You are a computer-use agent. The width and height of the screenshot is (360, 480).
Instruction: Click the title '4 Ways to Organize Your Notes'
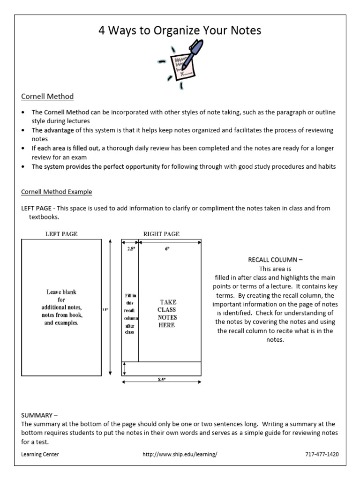click(180, 31)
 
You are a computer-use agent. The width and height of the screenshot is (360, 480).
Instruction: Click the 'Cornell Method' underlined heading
click(47, 97)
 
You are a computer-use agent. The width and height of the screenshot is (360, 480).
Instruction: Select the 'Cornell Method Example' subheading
click(57, 192)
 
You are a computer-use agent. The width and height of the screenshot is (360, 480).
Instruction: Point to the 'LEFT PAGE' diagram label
click(61, 233)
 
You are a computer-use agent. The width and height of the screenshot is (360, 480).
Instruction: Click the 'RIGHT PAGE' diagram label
click(161, 233)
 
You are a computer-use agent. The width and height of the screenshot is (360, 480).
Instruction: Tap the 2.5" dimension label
click(130, 249)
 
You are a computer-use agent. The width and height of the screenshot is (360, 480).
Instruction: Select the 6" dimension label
click(166, 249)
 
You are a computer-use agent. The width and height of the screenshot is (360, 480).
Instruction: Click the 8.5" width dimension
click(162, 380)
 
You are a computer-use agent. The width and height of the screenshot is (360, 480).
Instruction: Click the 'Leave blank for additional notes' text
click(61, 307)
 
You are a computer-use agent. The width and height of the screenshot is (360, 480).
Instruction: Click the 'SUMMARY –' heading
click(39, 415)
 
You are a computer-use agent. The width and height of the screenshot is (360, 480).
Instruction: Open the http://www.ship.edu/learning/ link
click(180, 454)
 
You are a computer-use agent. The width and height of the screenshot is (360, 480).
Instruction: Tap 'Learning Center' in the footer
click(40, 454)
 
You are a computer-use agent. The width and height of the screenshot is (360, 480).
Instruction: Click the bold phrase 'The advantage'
click(52, 130)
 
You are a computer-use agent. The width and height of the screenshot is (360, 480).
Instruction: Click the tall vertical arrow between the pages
click(110, 307)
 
